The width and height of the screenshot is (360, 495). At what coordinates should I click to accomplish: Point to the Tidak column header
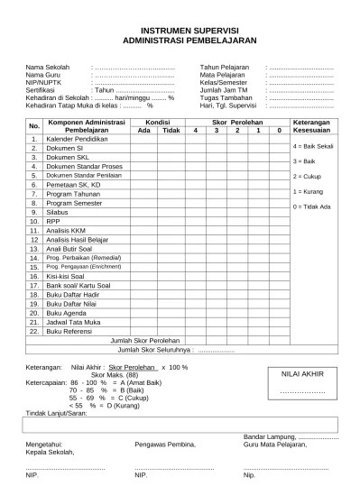pos(171,130)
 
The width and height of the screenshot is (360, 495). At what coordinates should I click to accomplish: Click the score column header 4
pos(194,130)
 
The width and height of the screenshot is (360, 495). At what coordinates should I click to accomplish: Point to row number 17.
pos(34,284)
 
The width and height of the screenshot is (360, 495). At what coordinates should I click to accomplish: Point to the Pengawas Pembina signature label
pos(164,444)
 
